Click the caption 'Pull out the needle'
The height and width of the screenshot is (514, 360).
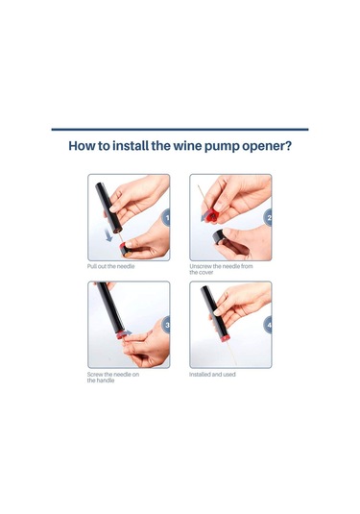tap(110, 266)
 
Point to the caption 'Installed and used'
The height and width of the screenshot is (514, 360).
tap(212, 374)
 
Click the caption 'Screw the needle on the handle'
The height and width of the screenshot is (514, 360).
tap(113, 377)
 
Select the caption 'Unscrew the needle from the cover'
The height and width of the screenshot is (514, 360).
tap(221, 269)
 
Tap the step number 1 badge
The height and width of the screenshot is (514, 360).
tap(166, 217)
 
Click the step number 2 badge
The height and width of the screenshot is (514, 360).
tap(268, 217)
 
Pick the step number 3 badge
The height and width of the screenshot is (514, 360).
tap(166, 325)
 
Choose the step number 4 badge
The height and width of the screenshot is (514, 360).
tap(268, 325)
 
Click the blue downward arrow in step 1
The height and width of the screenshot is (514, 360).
tap(108, 235)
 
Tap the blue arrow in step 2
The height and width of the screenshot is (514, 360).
tap(205, 217)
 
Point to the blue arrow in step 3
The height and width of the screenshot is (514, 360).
tap(127, 332)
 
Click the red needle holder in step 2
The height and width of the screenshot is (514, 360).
tap(212, 214)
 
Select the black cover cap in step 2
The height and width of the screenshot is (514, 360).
tap(219, 236)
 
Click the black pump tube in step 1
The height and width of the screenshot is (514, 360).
tap(108, 208)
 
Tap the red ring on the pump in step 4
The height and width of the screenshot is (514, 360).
tap(225, 337)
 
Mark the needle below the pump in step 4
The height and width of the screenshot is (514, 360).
tap(231, 353)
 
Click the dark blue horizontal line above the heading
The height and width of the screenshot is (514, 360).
tap(180, 130)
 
